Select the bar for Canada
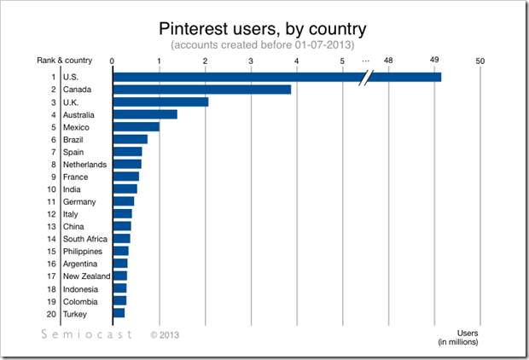[201, 90]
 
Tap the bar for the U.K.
[160, 102]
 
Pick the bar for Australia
[144, 114]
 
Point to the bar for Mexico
[136, 127]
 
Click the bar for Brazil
[130, 140]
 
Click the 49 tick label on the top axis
[434, 61]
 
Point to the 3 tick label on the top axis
[251, 61]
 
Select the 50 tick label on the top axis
[480, 61]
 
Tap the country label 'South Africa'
[84, 239]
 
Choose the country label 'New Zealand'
[87, 276]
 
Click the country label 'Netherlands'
[84, 165]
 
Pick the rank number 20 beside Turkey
[52, 314]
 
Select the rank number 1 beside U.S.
[54, 78]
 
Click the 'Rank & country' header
[65, 61]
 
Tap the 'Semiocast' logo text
[87, 335]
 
